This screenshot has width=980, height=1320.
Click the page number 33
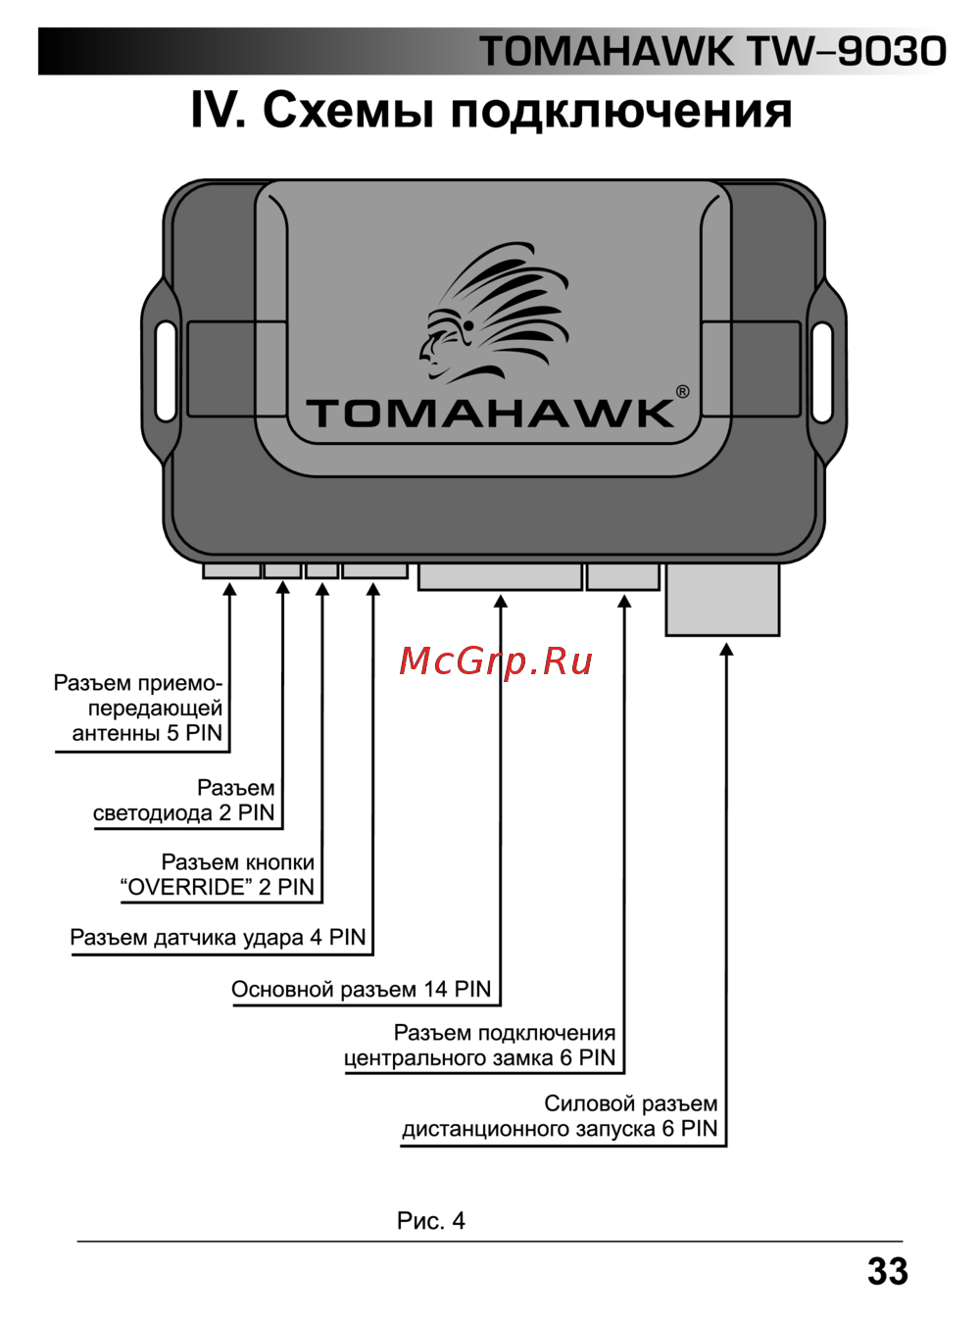[x=887, y=1271]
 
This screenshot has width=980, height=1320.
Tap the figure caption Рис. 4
[x=430, y=1221]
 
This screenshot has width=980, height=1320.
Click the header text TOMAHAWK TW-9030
[x=712, y=52]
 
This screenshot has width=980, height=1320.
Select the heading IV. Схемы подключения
[x=491, y=110]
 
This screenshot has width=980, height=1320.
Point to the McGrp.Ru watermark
[x=496, y=661]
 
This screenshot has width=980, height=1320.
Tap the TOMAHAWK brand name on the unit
[x=490, y=413]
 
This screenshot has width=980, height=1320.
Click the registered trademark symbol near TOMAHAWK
[x=682, y=392]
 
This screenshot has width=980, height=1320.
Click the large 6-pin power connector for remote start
[x=722, y=599]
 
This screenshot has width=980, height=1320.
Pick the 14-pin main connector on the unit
[x=500, y=576]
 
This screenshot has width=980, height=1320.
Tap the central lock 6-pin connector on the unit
[x=623, y=576]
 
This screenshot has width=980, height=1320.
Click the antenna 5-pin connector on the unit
[x=231, y=569]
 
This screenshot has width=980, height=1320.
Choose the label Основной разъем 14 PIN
[x=361, y=990]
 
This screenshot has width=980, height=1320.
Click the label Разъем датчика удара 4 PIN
[x=218, y=938]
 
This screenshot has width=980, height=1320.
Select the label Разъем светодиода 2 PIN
[x=184, y=802]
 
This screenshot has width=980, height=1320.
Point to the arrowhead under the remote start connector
[x=726, y=649]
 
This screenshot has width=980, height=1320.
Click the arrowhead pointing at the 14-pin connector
[x=501, y=602]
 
